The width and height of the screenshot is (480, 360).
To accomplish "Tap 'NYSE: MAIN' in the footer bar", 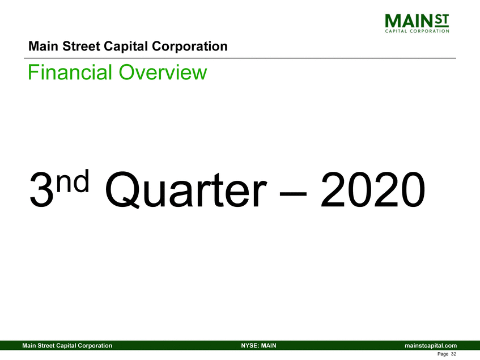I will (x=258, y=345).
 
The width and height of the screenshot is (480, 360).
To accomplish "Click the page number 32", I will (x=453, y=354).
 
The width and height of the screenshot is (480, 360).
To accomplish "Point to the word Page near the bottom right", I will (x=443, y=354).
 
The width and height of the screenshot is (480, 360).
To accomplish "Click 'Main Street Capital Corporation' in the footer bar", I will (x=66, y=345).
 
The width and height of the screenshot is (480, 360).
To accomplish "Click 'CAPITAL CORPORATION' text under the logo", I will (x=417, y=31).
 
